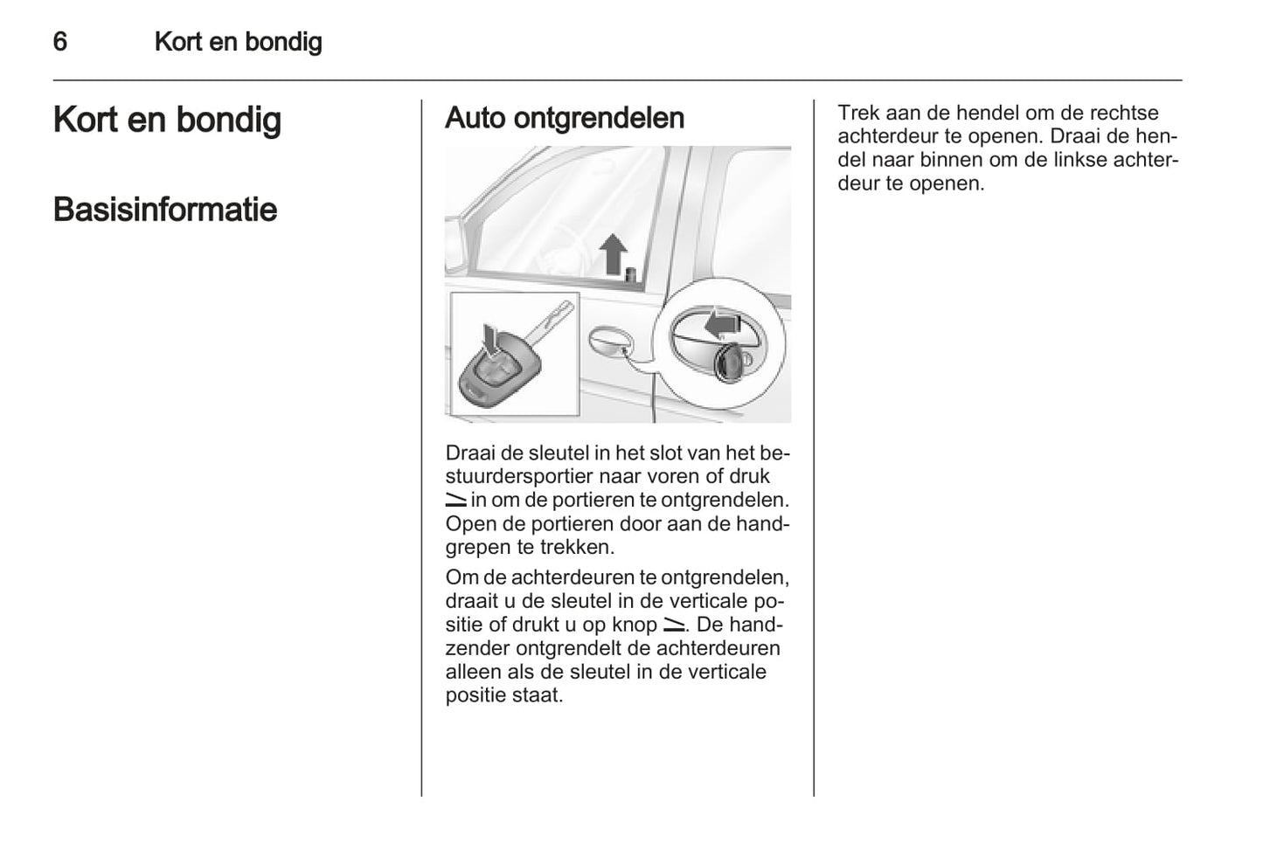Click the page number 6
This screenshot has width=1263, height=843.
tap(59, 41)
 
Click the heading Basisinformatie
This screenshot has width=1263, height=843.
tap(165, 210)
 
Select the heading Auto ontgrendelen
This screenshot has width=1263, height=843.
tap(564, 118)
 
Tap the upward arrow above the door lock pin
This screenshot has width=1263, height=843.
tap(613, 253)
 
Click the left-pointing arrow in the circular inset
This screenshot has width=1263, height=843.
tap(722, 325)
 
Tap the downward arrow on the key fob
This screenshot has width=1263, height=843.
tap(492, 340)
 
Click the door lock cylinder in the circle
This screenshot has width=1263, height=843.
tap(728, 363)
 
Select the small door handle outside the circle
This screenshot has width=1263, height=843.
tap(610, 341)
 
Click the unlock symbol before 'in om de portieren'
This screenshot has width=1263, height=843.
tap(456, 501)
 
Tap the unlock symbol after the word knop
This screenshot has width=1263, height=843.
tap(674, 625)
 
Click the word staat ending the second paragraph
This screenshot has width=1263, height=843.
tap(539, 695)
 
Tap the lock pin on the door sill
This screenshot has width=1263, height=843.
tap(630, 273)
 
